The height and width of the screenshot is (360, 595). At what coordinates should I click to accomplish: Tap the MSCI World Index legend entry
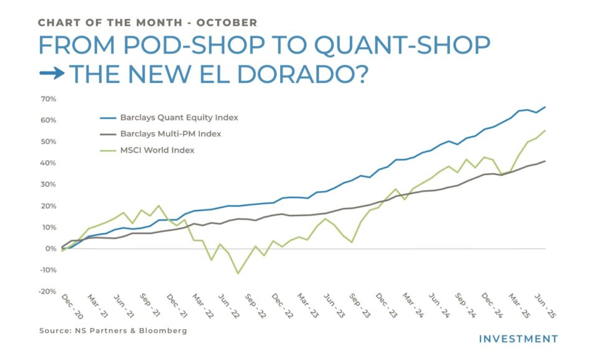[157, 150]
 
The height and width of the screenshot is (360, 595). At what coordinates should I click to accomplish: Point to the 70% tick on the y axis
[48, 99]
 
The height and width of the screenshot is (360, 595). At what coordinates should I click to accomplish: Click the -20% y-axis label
[47, 291]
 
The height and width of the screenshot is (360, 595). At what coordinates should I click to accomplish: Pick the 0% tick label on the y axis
[51, 249]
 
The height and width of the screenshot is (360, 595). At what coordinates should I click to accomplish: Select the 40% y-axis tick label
[48, 163]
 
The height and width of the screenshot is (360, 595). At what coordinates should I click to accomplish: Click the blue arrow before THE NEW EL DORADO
[52, 74]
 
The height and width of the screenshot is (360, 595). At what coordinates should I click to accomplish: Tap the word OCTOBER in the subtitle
[227, 22]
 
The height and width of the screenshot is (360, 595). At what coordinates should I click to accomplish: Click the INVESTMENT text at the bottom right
[518, 339]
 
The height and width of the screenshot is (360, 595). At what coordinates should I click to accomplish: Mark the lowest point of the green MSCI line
[238, 273]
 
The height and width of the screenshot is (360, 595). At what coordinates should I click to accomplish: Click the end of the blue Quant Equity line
[546, 107]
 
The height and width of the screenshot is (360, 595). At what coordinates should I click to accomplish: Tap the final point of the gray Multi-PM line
[546, 161]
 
